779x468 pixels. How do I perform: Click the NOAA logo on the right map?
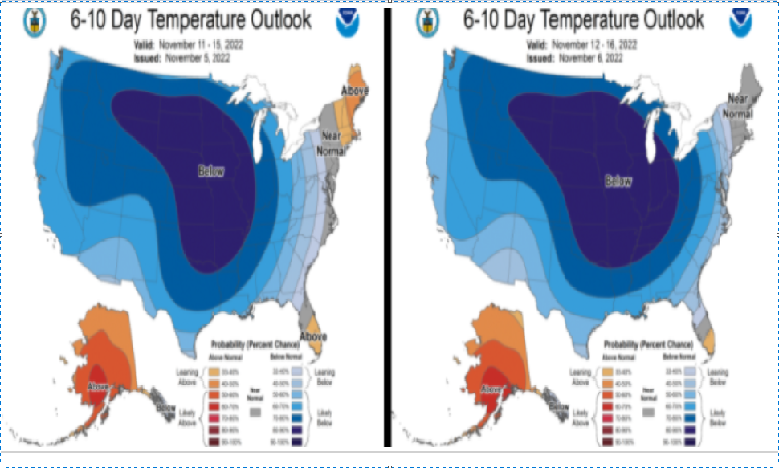pyautogui.click(x=740, y=22)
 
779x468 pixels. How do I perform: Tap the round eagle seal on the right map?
pyautogui.click(x=427, y=22)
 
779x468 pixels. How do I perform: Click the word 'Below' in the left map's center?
pyautogui.click(x=212, y=170)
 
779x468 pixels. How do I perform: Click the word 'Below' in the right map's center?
pyautogui.click(x=618, y=181)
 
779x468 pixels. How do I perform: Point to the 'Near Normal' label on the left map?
pyautogui.click(x=331, y=144)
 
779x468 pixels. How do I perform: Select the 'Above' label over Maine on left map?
pyautogui.click(x=354, y=91)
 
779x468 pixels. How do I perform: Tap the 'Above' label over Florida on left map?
pyautogui.click(x=312, y=335)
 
